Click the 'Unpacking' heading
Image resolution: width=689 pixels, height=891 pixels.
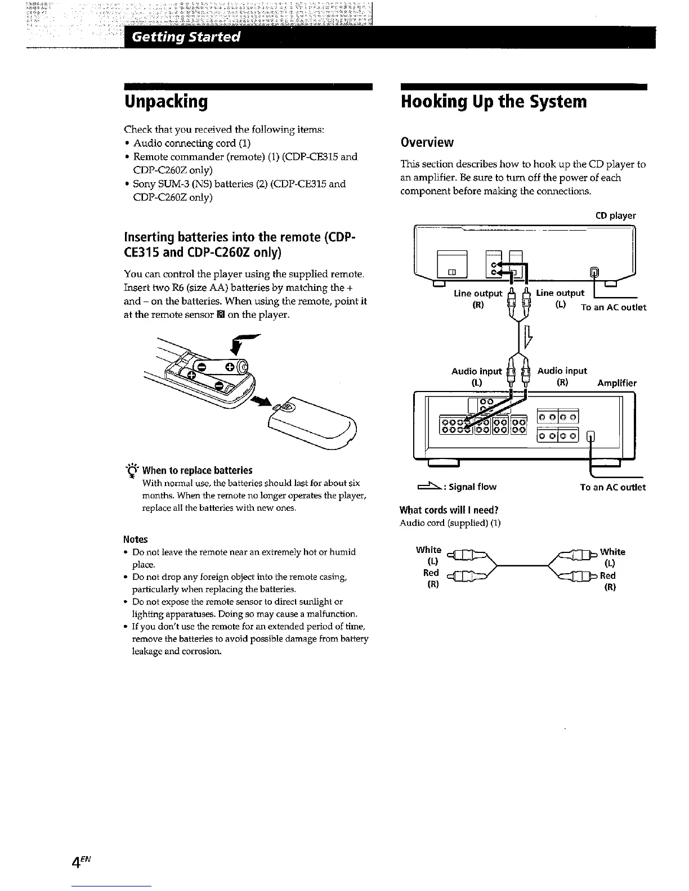(x=166, y=102)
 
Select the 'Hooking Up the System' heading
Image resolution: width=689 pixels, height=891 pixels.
(x=494, y=102)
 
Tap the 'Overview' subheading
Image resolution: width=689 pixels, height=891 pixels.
(x=427, y=142)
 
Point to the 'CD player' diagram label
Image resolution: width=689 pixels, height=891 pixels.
(x=615, y=215)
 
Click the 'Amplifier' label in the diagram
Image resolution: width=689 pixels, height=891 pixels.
(x=617, y=383)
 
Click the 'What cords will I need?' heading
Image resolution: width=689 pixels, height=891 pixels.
(x=449, y=510)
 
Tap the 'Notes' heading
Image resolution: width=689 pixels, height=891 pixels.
(x=136, y=539)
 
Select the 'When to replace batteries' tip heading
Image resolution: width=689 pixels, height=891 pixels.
(x=197, y=470)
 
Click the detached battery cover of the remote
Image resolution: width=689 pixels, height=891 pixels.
(x=312, y=424)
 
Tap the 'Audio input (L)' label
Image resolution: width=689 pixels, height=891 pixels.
(x=476, y=376)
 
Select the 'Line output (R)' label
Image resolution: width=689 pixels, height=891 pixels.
(x=478, y=299)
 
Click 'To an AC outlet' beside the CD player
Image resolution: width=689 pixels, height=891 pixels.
(x=614, y=307)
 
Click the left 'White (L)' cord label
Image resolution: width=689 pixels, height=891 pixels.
(x=428, y=555)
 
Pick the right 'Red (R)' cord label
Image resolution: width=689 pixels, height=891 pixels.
(x=608, y=581)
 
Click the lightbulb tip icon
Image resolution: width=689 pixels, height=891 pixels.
(x=133, y=470)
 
